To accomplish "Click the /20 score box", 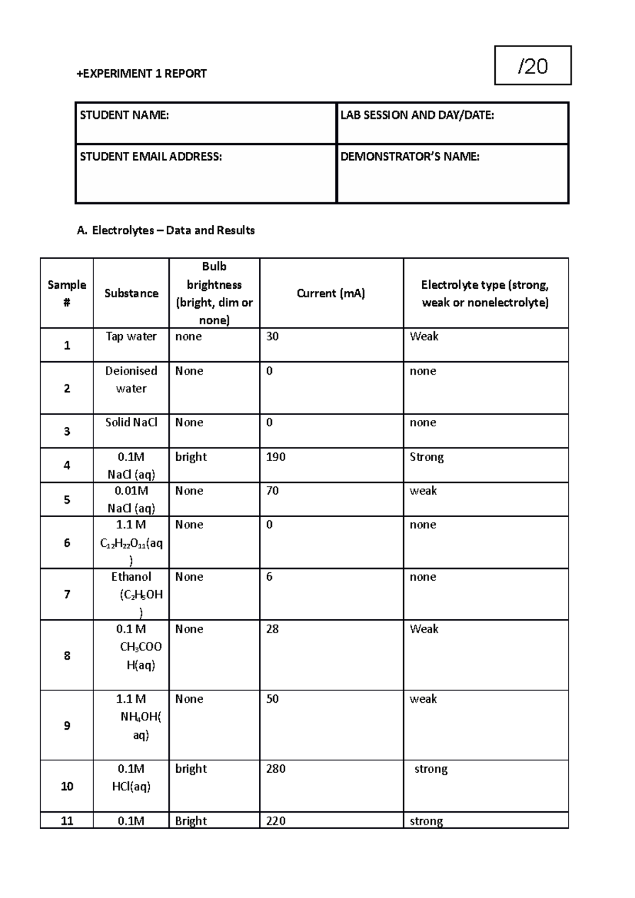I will click(533, 66).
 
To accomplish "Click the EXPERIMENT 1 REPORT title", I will click(141, 74).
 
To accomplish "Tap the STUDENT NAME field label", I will click(124, 115).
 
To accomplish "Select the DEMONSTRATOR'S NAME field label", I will click(410, 157).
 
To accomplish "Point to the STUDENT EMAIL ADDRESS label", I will click(151, 157).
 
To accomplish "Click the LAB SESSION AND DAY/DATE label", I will click(417, 115).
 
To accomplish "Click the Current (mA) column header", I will click(331, 294).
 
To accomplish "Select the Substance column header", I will click(131, 294).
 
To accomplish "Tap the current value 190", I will click(276, 457).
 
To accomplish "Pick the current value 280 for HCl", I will click(276, 769).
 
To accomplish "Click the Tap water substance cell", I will click(131, 336).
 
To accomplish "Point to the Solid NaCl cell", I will click(131, 423).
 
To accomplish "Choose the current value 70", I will click(273, 491).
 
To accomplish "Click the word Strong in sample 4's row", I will click(427, 457).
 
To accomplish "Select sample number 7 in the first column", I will click(67, 594).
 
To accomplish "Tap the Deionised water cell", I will click(131, 380).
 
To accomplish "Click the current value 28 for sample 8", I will click(273, 629).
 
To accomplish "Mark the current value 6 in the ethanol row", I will click(269, 577).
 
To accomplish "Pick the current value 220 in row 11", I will click(276, 821).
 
